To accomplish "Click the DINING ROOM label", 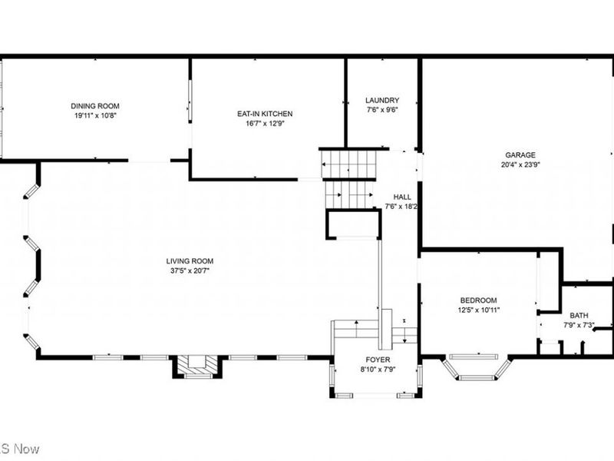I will point(95,106).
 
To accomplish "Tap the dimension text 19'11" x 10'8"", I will point(95,115).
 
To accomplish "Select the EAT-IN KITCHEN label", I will point(265,114).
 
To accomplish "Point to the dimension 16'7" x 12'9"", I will point(265,123).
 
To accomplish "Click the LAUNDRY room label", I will point(381,100).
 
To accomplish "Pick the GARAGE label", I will point(520,154).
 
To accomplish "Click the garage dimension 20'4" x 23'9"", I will point(520,164).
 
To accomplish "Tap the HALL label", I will point(402,197).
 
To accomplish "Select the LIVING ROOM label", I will point(190,261).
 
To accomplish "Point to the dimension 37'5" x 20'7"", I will point(190,270).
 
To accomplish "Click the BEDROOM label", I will point(478,300).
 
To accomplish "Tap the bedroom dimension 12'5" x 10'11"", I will point(478,310).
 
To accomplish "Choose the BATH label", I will point(578,315).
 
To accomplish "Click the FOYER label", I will point(377,360).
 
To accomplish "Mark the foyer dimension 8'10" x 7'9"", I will point(377,369).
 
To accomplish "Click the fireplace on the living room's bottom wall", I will point(197,366).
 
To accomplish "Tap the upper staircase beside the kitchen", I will point(347,164).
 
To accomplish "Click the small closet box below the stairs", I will point(353,224).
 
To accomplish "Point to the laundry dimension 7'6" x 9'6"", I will point(381,109).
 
